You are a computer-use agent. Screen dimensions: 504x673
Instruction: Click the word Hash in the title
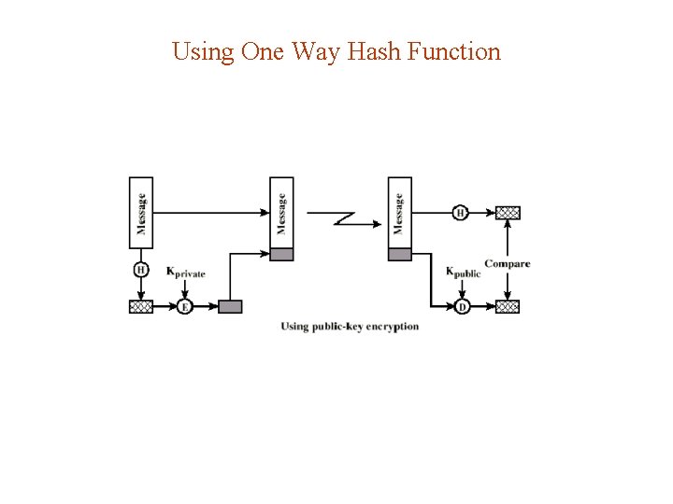pos(375,51)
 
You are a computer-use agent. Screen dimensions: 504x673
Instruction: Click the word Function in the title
pos(455,51)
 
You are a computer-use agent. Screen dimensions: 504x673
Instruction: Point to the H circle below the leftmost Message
pos(140,270)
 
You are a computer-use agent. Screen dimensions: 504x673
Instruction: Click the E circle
pos(184,306)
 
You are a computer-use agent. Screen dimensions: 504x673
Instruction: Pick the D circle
pos(462,306)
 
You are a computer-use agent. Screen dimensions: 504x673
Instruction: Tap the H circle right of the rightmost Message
pos(460,213)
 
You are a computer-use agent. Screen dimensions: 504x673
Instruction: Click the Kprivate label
pos(185,273)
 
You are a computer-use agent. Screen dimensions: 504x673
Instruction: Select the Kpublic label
pos(463,273)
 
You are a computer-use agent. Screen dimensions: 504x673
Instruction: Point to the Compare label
pos(507,264)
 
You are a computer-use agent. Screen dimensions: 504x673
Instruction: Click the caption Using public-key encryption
pos(350,327)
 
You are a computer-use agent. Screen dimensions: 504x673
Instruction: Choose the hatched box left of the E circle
pos(140,306)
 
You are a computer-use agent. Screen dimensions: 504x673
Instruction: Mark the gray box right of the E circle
pos(230,306)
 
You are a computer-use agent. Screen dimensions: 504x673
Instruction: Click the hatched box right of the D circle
pos(508,306)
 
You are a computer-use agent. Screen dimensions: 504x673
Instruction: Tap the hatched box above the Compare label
pos(508,213)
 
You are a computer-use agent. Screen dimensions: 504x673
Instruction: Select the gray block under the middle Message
pos(281,254)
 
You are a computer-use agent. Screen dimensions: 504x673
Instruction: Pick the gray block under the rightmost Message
pos(399,254)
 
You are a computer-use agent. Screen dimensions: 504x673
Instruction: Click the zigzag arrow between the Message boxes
pos(343,218)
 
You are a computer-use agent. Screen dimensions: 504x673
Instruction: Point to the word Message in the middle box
pos(281,213)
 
